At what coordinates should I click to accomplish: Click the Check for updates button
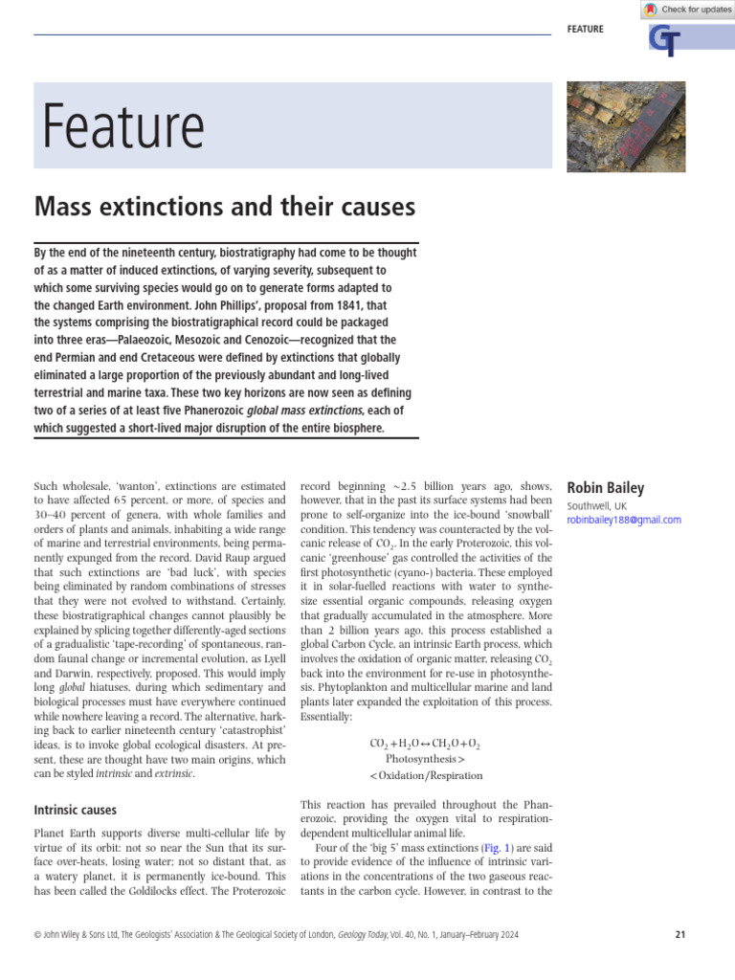(688, 10)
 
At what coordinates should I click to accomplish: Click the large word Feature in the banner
(122, 126)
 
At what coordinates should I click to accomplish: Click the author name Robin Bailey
(607, 488)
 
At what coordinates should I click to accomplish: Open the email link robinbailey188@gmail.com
(624, 520)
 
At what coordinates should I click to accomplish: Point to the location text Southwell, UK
(597, 505)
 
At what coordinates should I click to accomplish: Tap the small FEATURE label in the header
(585, 30)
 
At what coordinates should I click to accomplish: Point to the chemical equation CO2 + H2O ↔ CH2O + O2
(425, 743)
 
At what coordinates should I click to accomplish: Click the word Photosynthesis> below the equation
(425, 759)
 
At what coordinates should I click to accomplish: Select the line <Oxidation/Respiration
(426, 775)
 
